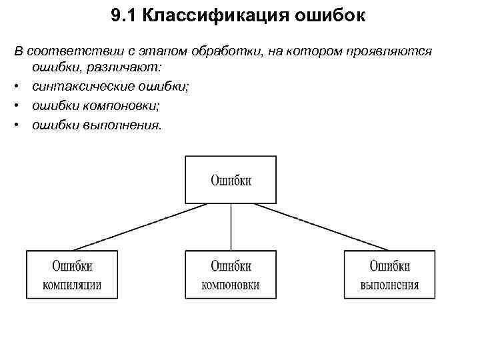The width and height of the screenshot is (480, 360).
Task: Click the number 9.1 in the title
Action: pos(125,16)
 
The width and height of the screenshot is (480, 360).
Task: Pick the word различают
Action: pos(125,69)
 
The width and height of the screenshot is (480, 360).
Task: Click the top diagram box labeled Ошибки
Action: pos(231,179)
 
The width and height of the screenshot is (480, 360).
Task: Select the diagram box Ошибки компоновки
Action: pos(231,275)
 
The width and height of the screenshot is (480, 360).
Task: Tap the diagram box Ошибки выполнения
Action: pos(389,275)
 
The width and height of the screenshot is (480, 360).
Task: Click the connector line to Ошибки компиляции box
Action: pos(140,227)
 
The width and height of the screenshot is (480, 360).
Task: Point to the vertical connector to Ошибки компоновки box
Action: pos(231,227)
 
